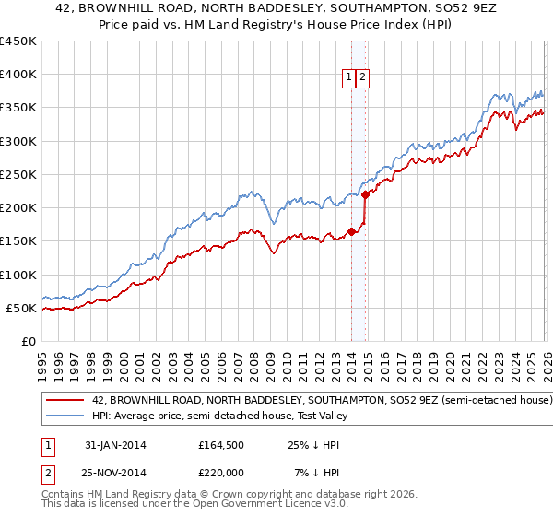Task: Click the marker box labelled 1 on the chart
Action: [350, 78]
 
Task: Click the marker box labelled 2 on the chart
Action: [363, 78]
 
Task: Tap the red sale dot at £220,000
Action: [365, 194]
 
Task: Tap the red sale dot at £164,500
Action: [351, 231]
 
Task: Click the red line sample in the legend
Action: [66, 401]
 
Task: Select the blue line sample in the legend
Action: [66, 417]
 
